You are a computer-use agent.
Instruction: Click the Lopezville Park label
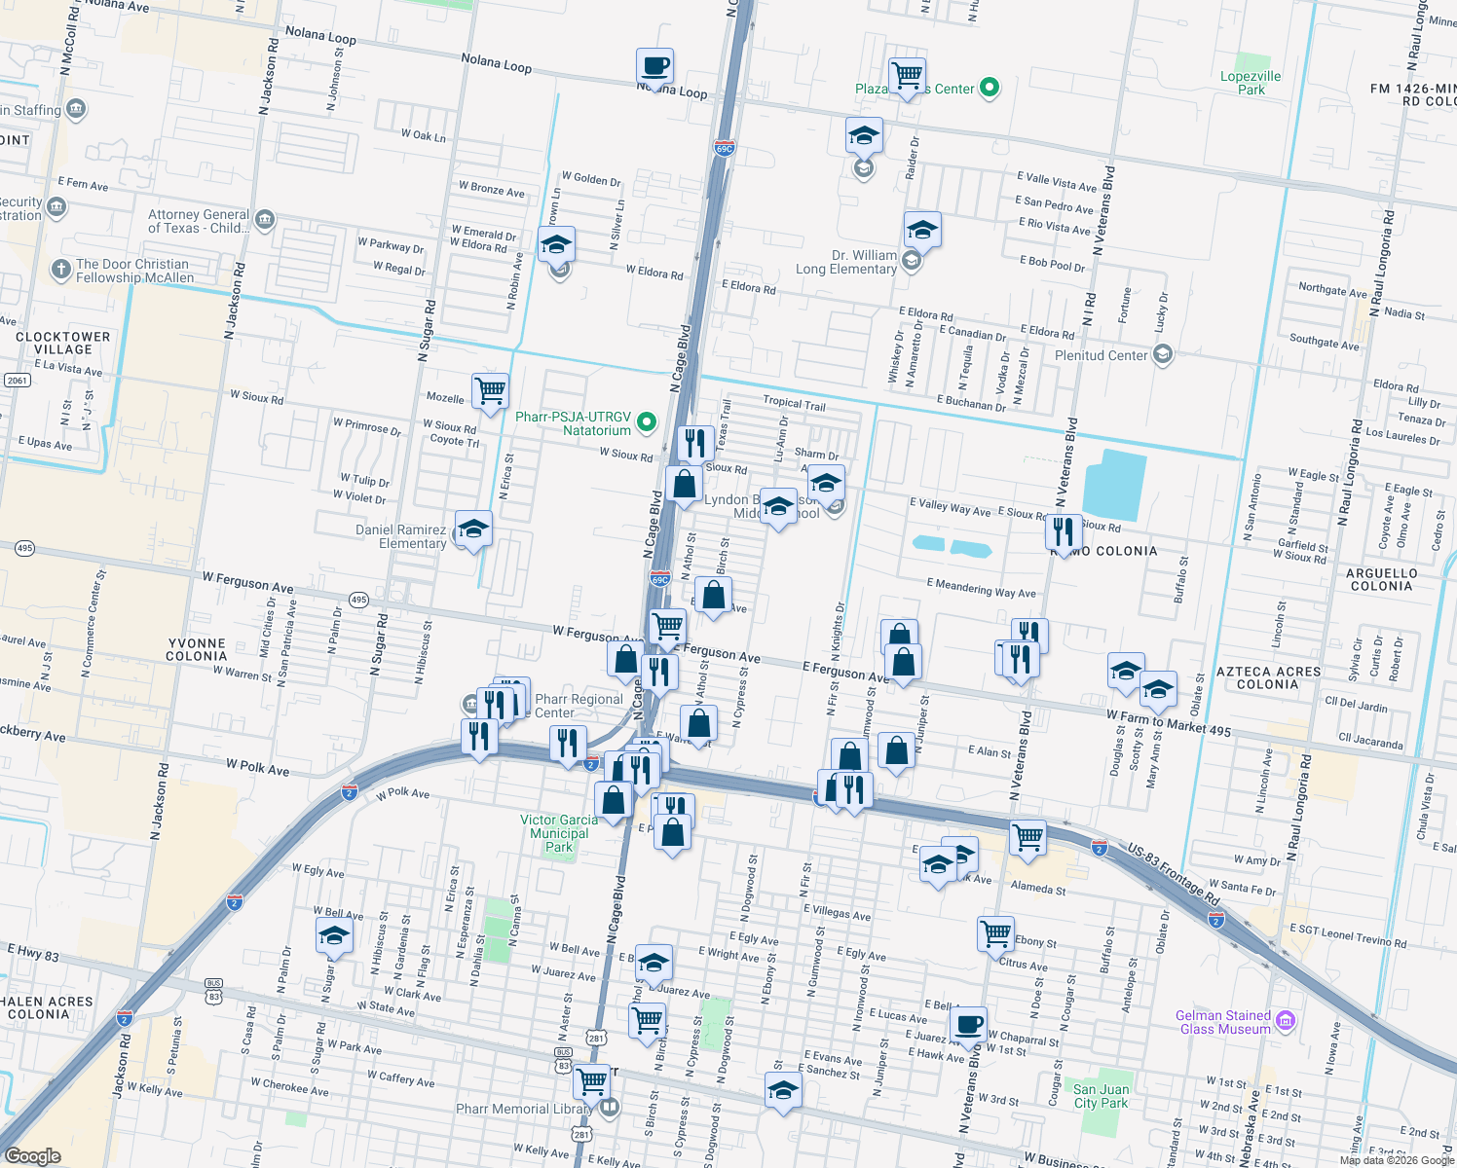(x=1251, y=83)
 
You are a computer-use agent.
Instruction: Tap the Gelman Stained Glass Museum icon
(x=1286, y=1021)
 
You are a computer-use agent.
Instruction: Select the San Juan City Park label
(x=1101, y=1096)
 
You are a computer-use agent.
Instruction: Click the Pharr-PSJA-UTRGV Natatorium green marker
(x=646, y=422)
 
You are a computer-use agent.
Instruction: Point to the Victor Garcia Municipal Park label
(x=559, y=833)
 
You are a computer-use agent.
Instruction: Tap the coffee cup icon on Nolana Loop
(x=654, y=67)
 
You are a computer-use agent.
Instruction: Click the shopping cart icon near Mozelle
(x=490, y=391)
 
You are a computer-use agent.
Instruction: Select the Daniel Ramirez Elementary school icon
(x=473, y=529)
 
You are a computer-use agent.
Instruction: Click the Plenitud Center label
(x=1102, y=355)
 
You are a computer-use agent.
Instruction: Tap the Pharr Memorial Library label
(x=524, y=1109)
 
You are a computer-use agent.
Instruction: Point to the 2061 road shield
(x=18, y=380)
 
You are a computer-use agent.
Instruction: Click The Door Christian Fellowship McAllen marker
(x=60, y=270)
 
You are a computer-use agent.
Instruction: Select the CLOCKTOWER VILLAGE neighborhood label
(x=63, y=343)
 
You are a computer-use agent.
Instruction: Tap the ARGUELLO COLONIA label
(x=1381, y=579)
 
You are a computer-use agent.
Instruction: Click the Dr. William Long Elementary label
(x=846, y=262)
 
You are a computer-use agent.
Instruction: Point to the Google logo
(x=32, y=1155)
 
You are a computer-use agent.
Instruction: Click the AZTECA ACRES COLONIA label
(x=1268, y=677)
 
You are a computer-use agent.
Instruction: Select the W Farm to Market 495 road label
(x=1169, y=722)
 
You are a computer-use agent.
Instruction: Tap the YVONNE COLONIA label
(x=196, y=649)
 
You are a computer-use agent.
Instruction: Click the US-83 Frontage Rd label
(x=1174, y=875)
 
